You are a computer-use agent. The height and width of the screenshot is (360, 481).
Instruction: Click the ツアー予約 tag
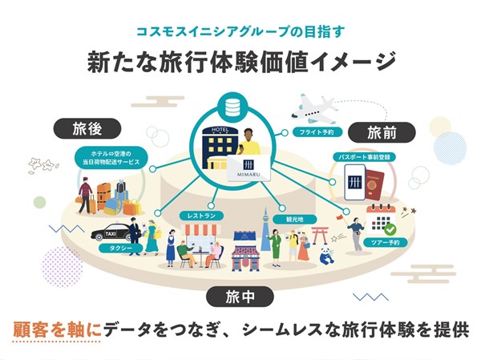386,241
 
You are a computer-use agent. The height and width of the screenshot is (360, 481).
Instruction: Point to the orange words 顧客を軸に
57,330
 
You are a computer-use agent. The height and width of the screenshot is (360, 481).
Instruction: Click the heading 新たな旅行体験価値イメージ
240,62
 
